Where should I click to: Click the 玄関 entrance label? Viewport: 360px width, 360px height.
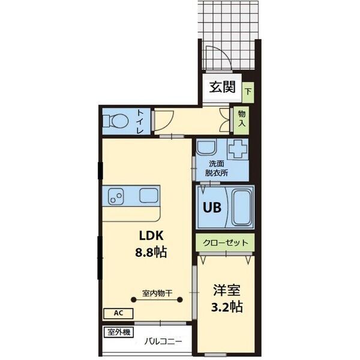pyautogui.click(x=222, y=87)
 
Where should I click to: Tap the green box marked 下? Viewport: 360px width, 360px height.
pyautogui.click(x=248, y=92)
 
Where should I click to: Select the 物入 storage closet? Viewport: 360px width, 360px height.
pyautogui.click(x=241, y=121)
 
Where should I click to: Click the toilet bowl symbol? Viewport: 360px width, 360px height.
pyautogui.click(x=116, y=121)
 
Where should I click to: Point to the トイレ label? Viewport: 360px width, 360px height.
pyautogui.click(x=140, y=122)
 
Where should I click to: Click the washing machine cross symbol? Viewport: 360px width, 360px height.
pyautogui.click(x=238, y=149)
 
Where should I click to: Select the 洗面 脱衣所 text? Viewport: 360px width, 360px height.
pyautogui.click(x=216, y=168)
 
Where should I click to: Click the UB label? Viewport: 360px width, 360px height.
pyautogui.click(x=212, y=208)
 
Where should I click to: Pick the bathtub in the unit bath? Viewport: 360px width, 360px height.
pyautogui.click(x=241, y=208)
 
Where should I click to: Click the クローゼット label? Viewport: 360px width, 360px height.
pyautogui.click(x=226, y=242)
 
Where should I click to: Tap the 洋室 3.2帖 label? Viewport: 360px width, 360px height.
pyautogui.click(x=227, y=298)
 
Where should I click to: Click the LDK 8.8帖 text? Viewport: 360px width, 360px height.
pyautogui.click(x=151, y=244)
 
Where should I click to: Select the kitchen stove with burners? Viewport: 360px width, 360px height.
pyautogui.click(x=116, y=196)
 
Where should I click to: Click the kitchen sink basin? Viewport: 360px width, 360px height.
pyautogui.click(x=149, y=196)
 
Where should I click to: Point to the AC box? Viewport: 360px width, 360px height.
pyautogui.click(x=118, y=313)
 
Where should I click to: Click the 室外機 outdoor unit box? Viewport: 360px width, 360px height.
pyautogui.click(x=118, y=332)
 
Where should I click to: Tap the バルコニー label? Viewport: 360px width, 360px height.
pyautogui.click(x=163, y=341)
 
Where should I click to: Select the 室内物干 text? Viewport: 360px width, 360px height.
pyautogui.click(x=157, y=293)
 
